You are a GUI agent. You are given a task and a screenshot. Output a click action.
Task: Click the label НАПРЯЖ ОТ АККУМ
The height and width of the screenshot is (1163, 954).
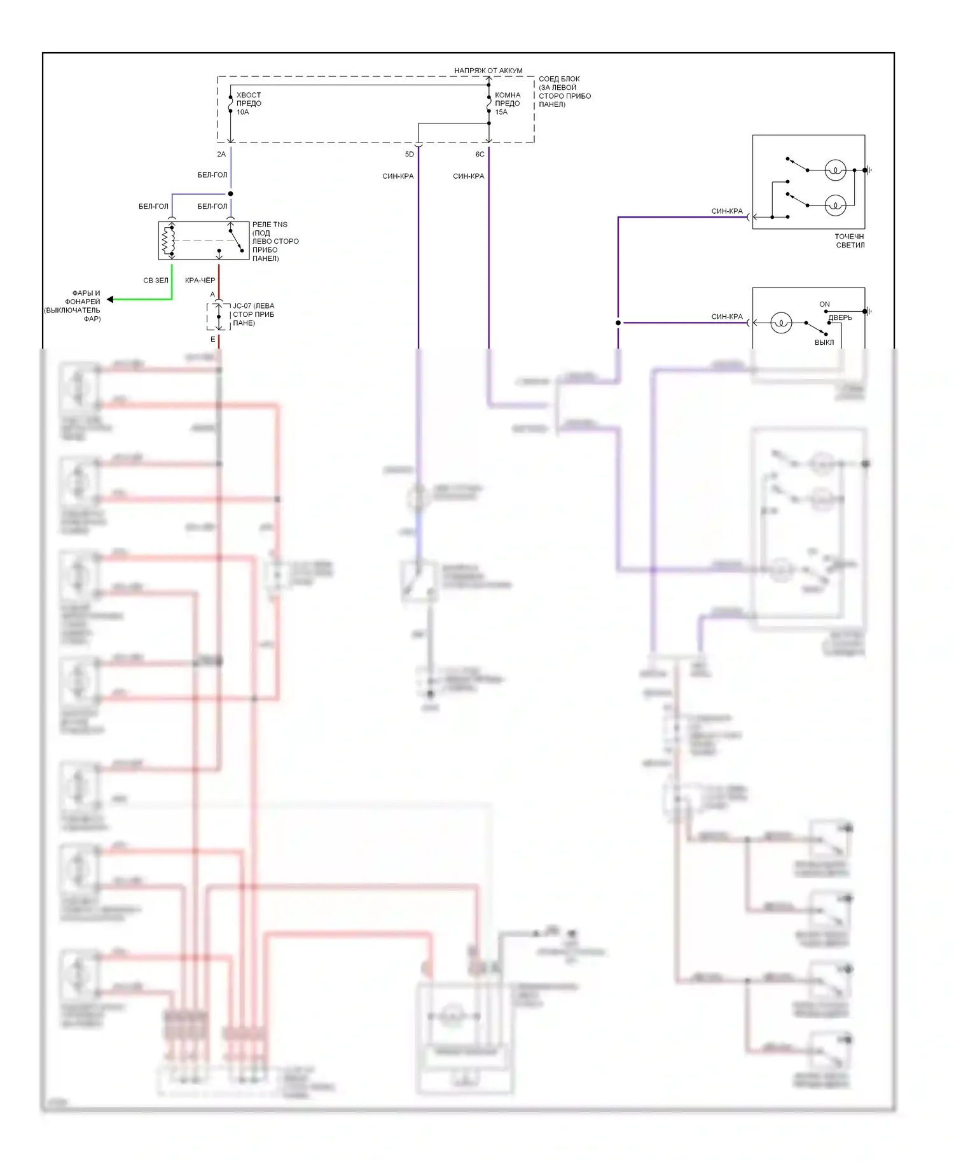[x=488, y=71]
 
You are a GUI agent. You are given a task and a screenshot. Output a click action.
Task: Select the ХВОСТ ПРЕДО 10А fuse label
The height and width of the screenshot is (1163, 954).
[x=249, y=104]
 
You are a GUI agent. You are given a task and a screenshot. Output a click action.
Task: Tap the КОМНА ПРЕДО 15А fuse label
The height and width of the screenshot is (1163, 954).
[x=508, y=104]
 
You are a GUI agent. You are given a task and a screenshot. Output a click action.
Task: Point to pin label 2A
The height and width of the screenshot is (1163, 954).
[x=221, y=155]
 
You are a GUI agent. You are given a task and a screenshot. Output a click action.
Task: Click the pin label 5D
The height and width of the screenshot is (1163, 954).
[x=410, y=155]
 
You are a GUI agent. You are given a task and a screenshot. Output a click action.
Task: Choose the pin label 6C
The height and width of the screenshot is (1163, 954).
[x=480, y=155]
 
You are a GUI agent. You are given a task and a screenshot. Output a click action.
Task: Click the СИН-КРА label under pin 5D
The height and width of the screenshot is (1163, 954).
[x=398, y=176]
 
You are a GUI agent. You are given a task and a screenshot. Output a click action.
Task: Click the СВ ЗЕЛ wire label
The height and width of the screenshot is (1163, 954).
[x=156, y=281]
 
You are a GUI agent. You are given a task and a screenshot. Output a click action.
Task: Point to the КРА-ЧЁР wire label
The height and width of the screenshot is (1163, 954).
[x=200, y=281]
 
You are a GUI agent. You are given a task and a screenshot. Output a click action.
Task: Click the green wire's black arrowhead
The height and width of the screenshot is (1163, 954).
[x=110, y=299]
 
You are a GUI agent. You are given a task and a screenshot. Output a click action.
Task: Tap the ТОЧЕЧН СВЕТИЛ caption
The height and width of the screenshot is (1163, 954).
[x=850, y=240]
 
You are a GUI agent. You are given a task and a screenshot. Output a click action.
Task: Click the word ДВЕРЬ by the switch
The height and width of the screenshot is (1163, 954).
[x=840, y=318]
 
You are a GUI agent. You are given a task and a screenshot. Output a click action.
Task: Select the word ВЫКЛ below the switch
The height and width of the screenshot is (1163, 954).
[x=824, y=342]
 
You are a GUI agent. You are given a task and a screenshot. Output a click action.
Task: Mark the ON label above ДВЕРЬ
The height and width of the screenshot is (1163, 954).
[x=824, y=305]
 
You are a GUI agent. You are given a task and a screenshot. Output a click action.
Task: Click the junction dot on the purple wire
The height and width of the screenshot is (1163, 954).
[x=618, y=323]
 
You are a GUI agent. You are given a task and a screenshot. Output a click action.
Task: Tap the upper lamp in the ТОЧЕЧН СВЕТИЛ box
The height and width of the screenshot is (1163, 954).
[x=834, y=171]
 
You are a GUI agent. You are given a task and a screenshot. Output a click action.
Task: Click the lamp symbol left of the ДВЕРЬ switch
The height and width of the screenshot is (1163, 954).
[x=781, y=323]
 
